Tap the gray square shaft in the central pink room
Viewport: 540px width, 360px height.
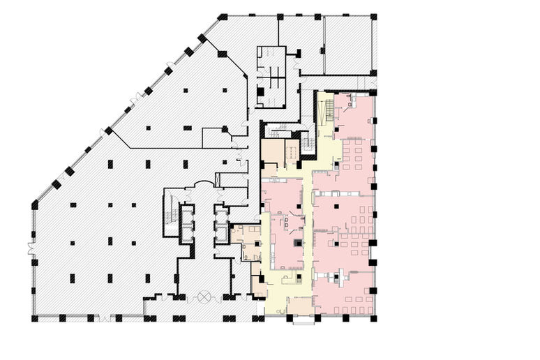(298, 243)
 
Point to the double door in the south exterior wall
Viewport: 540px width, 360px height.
(105, 319)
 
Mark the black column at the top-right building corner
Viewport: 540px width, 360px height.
(375, 16)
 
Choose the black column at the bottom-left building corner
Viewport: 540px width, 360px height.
(36, 319)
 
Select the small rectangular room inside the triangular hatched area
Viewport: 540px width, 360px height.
(216, 137)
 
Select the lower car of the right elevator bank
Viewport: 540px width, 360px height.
(221, 231)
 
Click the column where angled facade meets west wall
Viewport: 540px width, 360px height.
(36, 204)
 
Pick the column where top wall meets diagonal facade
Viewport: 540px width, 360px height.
(223, 16)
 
